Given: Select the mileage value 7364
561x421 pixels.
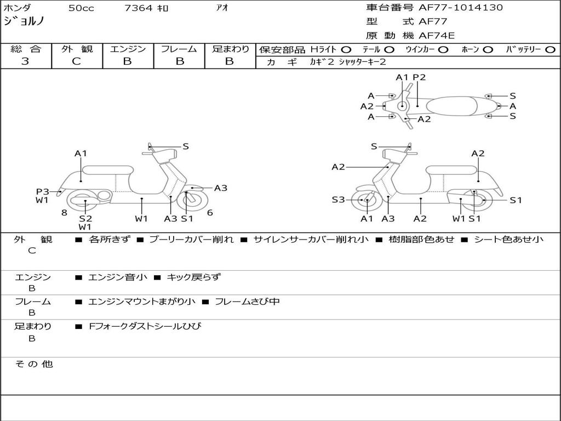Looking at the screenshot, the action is pyautogui.click(x=139, y=8).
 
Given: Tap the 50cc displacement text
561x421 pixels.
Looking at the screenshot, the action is pyautogui.click(x=80, y=8).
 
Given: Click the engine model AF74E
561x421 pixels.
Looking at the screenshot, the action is pyautogui.click(x=437, y=36).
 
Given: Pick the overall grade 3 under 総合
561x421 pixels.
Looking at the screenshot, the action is pyautogui.click(x=25, y=61).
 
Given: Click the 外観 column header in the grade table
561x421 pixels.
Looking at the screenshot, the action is pyautogui.click(x=77, y=49).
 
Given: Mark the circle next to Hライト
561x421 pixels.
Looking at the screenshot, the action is pyautogui.click(x=346, y=49).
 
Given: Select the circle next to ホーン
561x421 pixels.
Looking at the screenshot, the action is pyautogui.click(x=488, y=49).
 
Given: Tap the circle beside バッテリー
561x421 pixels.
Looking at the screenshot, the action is pyautogui.click(x=550, y=49).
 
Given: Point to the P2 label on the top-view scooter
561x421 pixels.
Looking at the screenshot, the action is pyautogui.click(x=419, y=77).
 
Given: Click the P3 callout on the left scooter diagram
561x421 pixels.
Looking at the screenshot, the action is pyautogui.click(x=43, y=191).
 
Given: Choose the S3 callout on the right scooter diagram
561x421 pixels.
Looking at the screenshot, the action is pyautogui.click(x=338, y=200).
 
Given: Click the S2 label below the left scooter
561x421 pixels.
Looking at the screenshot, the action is pyautogui.click(x=85, y=218).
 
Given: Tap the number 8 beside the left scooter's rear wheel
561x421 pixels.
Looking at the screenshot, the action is pyautogui.click(x=64, y=213).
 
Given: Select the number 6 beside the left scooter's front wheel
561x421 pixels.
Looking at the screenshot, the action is pyautogui.click(x=210, y=213).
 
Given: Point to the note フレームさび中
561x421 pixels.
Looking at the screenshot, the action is pyautogui.click(x=247, y=301).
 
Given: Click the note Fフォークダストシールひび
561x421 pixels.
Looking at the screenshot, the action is pyautogui.click(x=145, y=326).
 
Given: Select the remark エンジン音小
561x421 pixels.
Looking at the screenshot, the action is pyautogui.click(x=118, y=277).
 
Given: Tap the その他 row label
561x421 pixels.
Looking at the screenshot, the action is pyautogui.click(x=33, y=364).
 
